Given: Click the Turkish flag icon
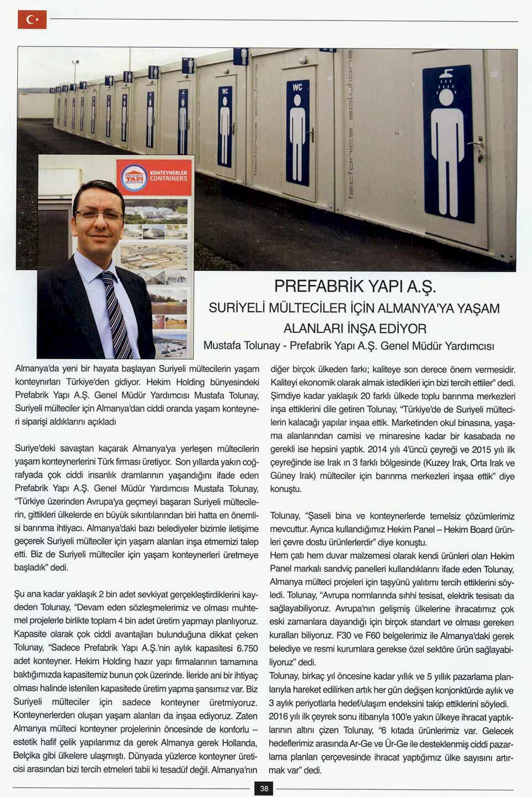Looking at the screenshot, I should (x=32, y=19).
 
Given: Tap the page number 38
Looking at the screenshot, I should (x=264, y=788).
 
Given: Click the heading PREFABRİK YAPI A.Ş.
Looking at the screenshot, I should (x=355, y=287).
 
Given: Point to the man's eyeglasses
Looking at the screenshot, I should (x=99, y=214).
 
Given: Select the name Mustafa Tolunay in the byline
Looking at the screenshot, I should (x=241, y=345).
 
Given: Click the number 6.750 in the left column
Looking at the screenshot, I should (x=247, y=648).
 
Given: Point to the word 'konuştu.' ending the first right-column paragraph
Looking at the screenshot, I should (x=285, y=489).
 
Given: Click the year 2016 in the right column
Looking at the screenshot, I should (x=280, y=716).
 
